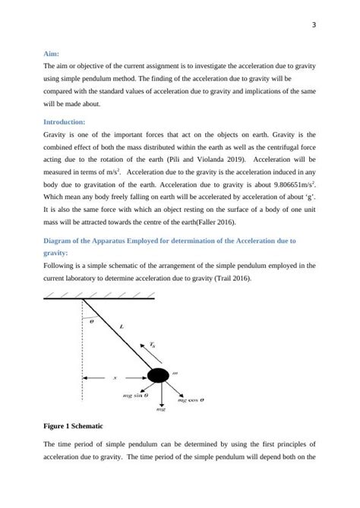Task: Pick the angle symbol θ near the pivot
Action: [93, 322]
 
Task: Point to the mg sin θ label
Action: [135, 396]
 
